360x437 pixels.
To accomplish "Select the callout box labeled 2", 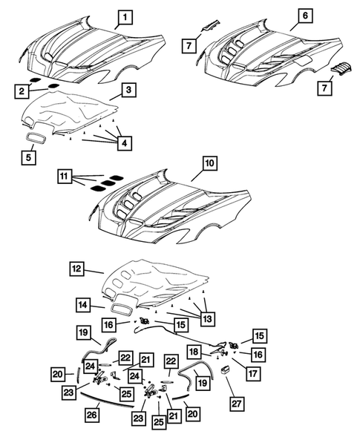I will [23, 91].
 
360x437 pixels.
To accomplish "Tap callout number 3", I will [128, 90].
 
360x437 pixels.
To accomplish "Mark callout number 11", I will [65, 177].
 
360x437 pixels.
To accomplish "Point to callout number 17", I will [254, 375].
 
